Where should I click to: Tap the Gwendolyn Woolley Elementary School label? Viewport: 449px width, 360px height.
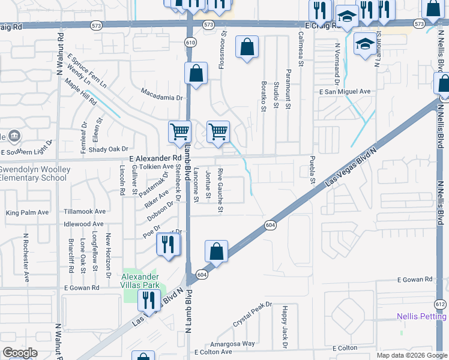[x=34, y=173]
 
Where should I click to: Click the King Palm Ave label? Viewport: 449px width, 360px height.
[x=27, y=212]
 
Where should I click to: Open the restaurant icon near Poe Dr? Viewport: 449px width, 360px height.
[x=167, y=244]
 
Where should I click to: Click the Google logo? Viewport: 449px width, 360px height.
[x=20, y=353]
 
